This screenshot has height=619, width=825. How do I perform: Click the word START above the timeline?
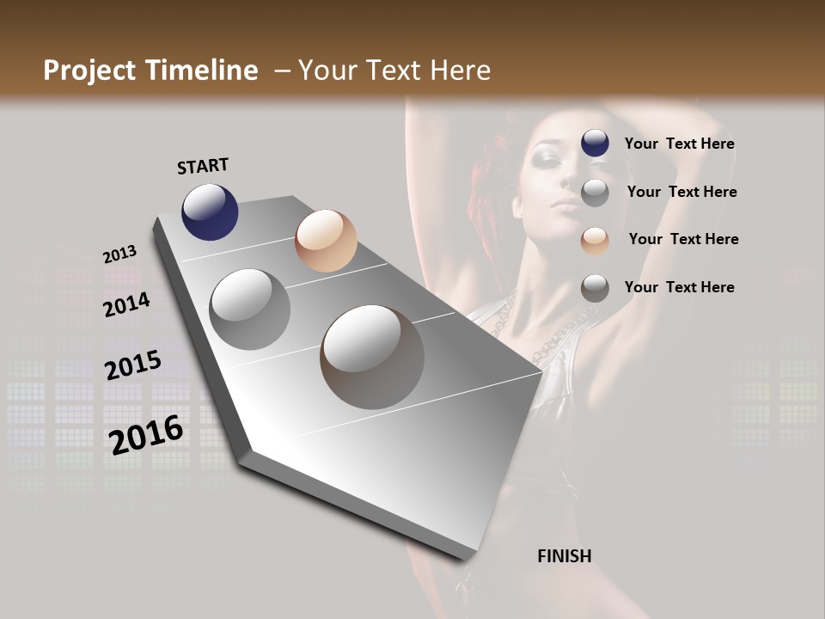tap(203, 166)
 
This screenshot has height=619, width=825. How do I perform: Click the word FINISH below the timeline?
tap(564, 556)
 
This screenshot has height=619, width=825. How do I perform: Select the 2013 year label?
tap(119, 254)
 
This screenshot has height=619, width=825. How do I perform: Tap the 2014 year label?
tap(126, 304)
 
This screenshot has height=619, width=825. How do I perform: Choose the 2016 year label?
tap(146, 434)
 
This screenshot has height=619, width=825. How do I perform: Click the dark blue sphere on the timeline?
tap(210, 211)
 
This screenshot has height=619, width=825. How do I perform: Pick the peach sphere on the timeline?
tap(326, 241)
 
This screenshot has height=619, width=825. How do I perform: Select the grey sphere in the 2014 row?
tap(250, 309)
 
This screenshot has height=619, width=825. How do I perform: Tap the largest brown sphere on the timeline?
tap(372, 357)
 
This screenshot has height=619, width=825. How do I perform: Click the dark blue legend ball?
tap(595, 144)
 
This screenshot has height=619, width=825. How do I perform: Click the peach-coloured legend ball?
tap(595, 240)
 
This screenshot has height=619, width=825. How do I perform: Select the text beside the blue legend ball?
tap(679, 144)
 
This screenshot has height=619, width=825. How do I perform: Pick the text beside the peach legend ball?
tap(683, 239)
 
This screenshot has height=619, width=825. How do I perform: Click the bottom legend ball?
tap(595, 288)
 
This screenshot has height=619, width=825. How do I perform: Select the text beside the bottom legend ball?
tap(679, 287)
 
